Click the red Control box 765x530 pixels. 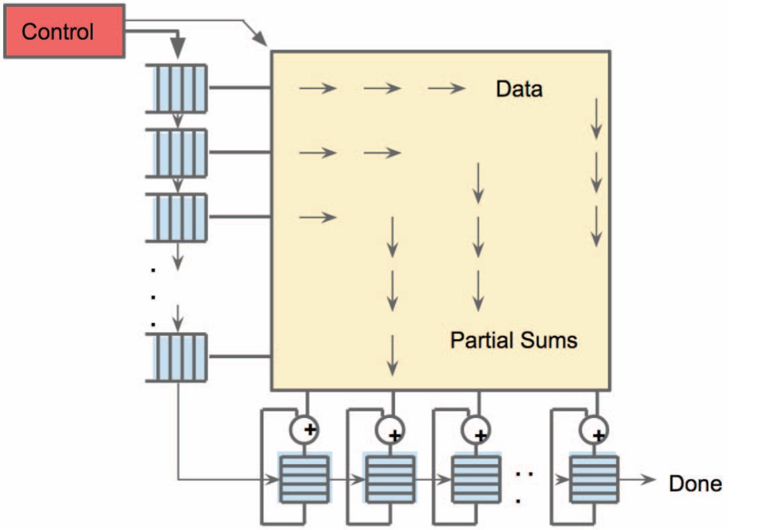pyautogui.click(x=63, y=31)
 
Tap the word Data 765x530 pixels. pyautogui.click(x=519, y=89)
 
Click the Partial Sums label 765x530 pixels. pyautogui.click(x=514, y=340)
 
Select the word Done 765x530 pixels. pyautogui.click(x=695, y=483)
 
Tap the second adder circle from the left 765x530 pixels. pyautogui.click(x=390, y=428)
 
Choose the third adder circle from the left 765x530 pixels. pyautogui.click(x=476, y=428)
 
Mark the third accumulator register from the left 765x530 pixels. pyautogui.click(x=476, y=478)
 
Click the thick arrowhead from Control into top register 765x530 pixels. pyautogui.click(x=178, y=48)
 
